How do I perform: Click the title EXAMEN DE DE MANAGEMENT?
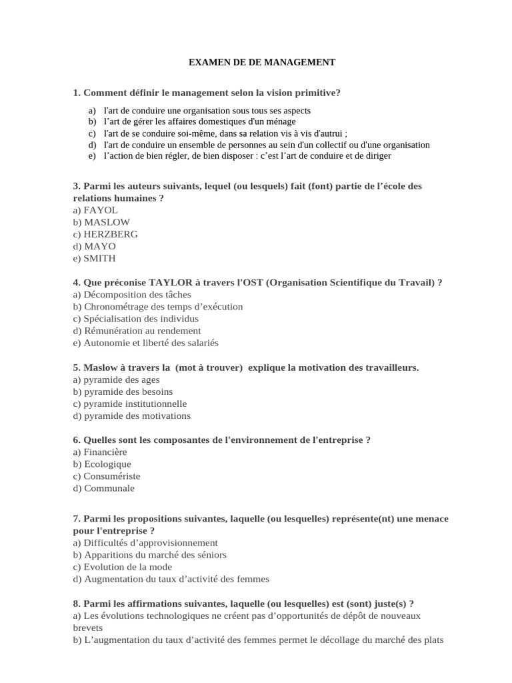click(x=262, y=63)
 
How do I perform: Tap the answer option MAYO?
click(x=99, y=246)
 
